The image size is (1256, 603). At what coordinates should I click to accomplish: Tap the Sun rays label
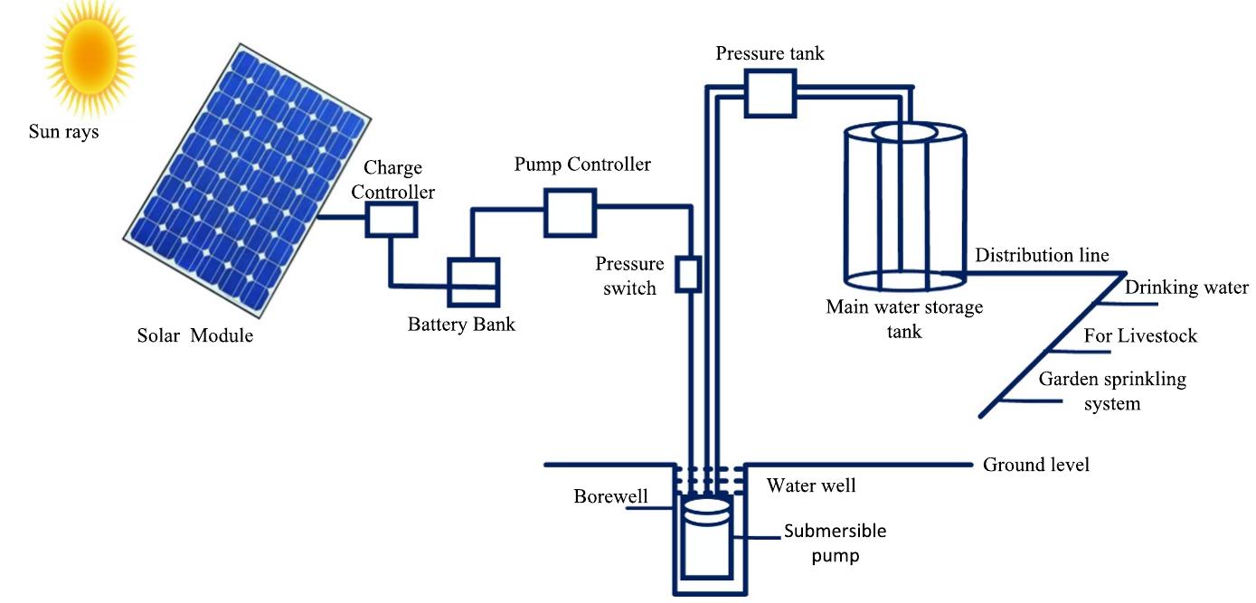pyautogui.click(x=64, y=132)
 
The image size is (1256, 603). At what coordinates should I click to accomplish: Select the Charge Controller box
pyautogui.click(x=391, y=220)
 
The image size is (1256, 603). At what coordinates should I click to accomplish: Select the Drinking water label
pyautogui.click(x=1186, y=287)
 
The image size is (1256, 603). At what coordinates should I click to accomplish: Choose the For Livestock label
pyautogui.click(x=1140, y=336)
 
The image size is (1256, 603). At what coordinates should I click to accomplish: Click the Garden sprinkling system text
pyautogui.click(x=1111, y=391)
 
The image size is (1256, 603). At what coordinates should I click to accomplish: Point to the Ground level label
pyautogui.click(x=1036, y=465)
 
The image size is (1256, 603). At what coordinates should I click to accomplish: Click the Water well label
pyautogui.click(x=811, y=486)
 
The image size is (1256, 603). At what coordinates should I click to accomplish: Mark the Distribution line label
pyautogui.click(x=1042, y=256)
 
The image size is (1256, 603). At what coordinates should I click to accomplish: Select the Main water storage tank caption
pyautogui.click(x=904, y=319)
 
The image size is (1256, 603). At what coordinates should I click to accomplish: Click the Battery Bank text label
pyautogui.click(x=461, y=325)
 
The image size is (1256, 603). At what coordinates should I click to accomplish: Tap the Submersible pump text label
pyautogui.click(x=835, y=542)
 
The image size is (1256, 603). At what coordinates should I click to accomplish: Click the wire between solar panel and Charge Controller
pyautogui.click(x=341, y=219)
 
